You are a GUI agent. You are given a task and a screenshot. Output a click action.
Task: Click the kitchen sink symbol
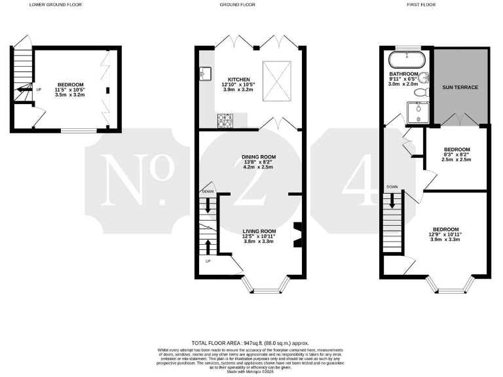[x=206, y=71]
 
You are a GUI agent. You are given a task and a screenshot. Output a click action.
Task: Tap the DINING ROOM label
[x=258, y=157]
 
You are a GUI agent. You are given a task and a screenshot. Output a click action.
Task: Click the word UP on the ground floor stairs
[x=208, y=261]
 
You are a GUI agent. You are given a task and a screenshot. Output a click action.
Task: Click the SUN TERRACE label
[x=460, y=86]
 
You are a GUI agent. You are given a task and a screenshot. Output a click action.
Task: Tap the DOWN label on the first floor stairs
[x=392, y=187]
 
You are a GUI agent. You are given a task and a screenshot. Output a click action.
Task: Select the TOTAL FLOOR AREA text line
[x=249, y=343]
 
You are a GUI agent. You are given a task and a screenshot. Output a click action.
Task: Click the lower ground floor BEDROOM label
[x=70, y=84]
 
